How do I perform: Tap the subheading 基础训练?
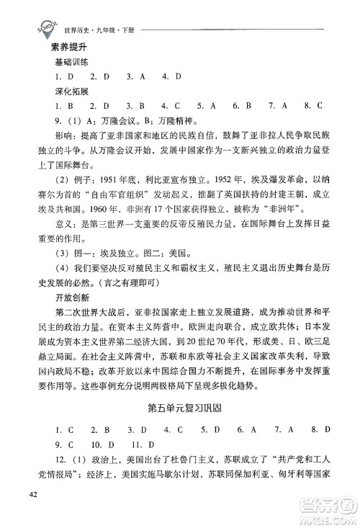[61, 62]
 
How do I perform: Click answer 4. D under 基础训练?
[171, 76]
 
